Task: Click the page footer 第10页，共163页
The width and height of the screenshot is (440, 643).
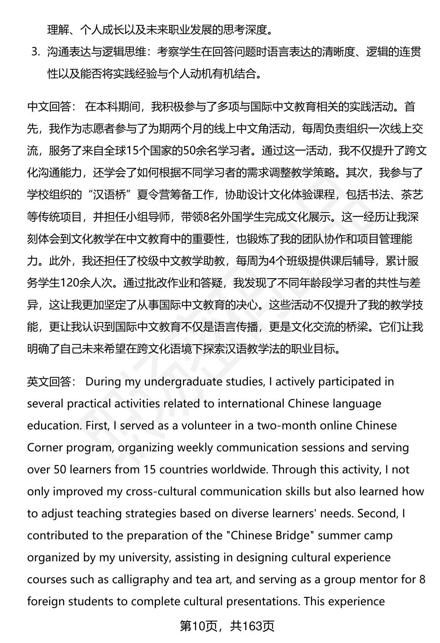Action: point(227,626)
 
